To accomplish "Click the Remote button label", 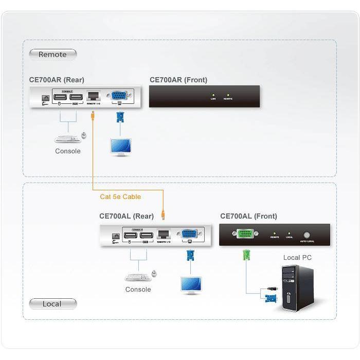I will [52, 54].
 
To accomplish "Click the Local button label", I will [52, 304].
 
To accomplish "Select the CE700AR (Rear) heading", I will [57, 80].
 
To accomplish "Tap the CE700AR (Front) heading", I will [178, 80].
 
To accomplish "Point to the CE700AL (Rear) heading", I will [127, 216].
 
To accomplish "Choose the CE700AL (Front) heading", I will [248, 216].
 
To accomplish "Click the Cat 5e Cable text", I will [120, 196].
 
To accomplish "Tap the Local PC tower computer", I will [297, 287].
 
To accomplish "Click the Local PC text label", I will [297, 258].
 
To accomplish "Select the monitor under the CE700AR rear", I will [120, 146].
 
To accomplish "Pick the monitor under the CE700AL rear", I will [191, 284].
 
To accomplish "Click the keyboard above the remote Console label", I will [67, 138].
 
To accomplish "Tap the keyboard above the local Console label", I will [137, 277].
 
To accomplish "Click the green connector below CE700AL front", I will [246, 255].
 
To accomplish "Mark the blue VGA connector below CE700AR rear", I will [120, 116].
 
